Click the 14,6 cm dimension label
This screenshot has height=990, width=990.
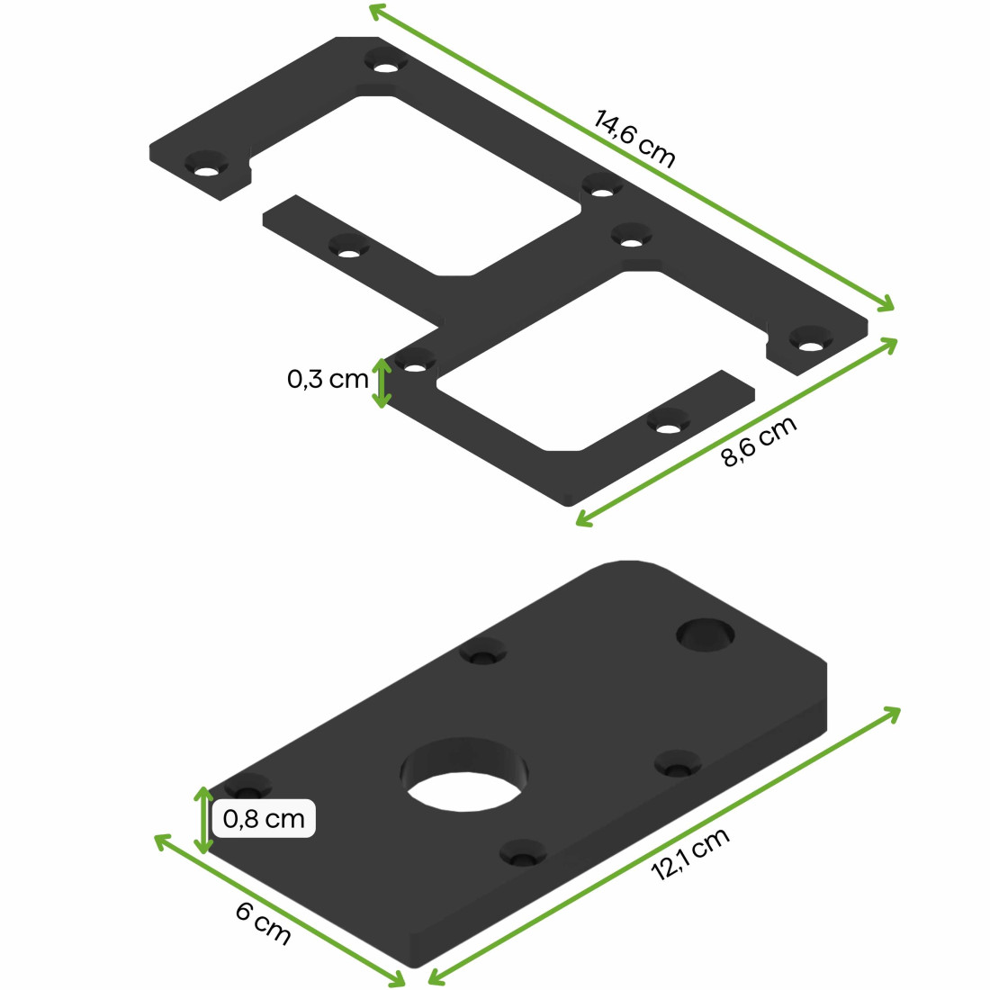(x=634, y=139)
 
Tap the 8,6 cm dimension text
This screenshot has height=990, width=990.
(x=760, y=443)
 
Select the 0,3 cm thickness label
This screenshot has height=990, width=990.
(x=328, y=379)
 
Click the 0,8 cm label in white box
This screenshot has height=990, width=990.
(x=264, y=819)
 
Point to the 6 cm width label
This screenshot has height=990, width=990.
(x=264, y=923)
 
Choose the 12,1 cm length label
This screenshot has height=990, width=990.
(x=690, y=854)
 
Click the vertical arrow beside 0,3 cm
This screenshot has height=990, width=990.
(x=382, y=383)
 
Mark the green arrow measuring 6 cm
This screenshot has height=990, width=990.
(x=279, y=910)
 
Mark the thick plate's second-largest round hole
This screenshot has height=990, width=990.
(x=706, y=634)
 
